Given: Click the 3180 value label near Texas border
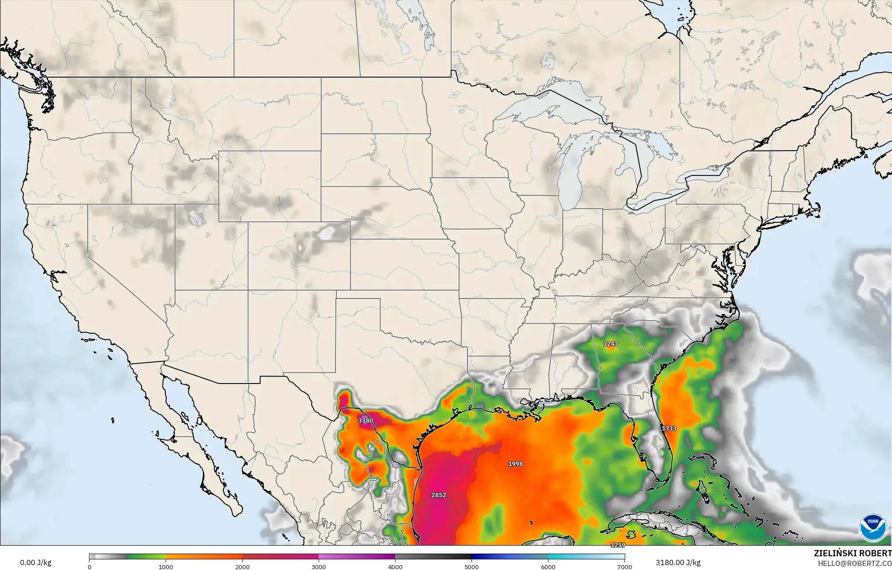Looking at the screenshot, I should click(x=366, y=420).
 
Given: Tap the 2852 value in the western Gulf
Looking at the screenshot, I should click(x=439, y=495).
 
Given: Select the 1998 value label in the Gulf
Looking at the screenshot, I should click(x=515, y=464).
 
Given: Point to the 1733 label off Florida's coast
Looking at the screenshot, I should click(x=669, y=428).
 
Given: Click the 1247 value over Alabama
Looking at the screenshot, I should click(x=611, y=344).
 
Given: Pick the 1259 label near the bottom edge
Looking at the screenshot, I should click(x=618, y=545).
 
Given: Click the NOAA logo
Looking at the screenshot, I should click(x=872, y=527).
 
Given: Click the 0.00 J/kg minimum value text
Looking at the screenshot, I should click(x=35, y=563).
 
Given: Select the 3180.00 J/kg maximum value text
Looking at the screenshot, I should click(x=678, y=563).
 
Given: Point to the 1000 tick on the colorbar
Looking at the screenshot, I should click(x=166, y=567).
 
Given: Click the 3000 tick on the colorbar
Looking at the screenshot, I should click(x=319, y=567).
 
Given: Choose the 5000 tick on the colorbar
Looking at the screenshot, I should click(x=471, y=567).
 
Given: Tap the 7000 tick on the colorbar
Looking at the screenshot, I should click(x=624, y=567).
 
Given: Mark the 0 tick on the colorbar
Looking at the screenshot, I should click(x=90, y=567).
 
